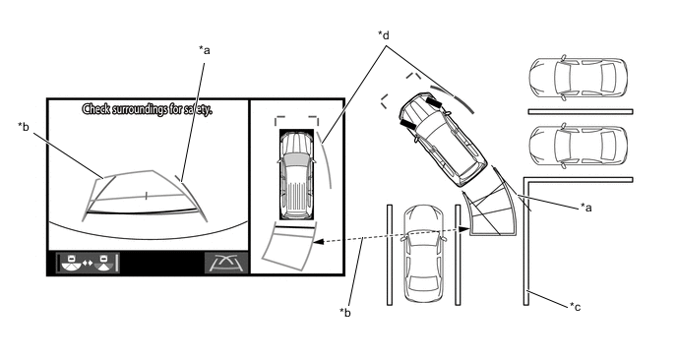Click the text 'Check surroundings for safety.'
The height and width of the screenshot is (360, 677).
(148, 109)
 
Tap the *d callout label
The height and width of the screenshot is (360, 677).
(384, 35)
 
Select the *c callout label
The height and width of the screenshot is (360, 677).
(575, 307)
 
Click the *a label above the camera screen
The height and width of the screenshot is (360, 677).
(205, 50)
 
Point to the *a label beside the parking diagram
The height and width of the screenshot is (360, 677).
(585, 208)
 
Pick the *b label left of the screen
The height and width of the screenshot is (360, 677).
(24, 127)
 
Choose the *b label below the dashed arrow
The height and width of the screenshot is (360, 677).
(345, 312)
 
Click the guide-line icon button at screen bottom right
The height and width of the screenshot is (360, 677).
(226, 263)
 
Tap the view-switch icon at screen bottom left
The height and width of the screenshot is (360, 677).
(88, 263)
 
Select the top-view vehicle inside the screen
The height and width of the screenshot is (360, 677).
(296, 175)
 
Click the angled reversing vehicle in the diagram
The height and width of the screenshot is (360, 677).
(442, 138)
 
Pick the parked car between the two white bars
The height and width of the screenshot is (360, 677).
(579, 146)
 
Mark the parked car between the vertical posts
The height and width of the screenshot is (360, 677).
(423, 254)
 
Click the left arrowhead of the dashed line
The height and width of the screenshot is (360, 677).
(317, 242)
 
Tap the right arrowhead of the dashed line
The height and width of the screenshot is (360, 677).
(465, 230)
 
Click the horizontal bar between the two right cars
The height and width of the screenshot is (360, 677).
(581, 112)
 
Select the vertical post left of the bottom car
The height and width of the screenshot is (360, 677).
(390, 255)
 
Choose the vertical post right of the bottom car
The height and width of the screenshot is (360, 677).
(458, 255)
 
